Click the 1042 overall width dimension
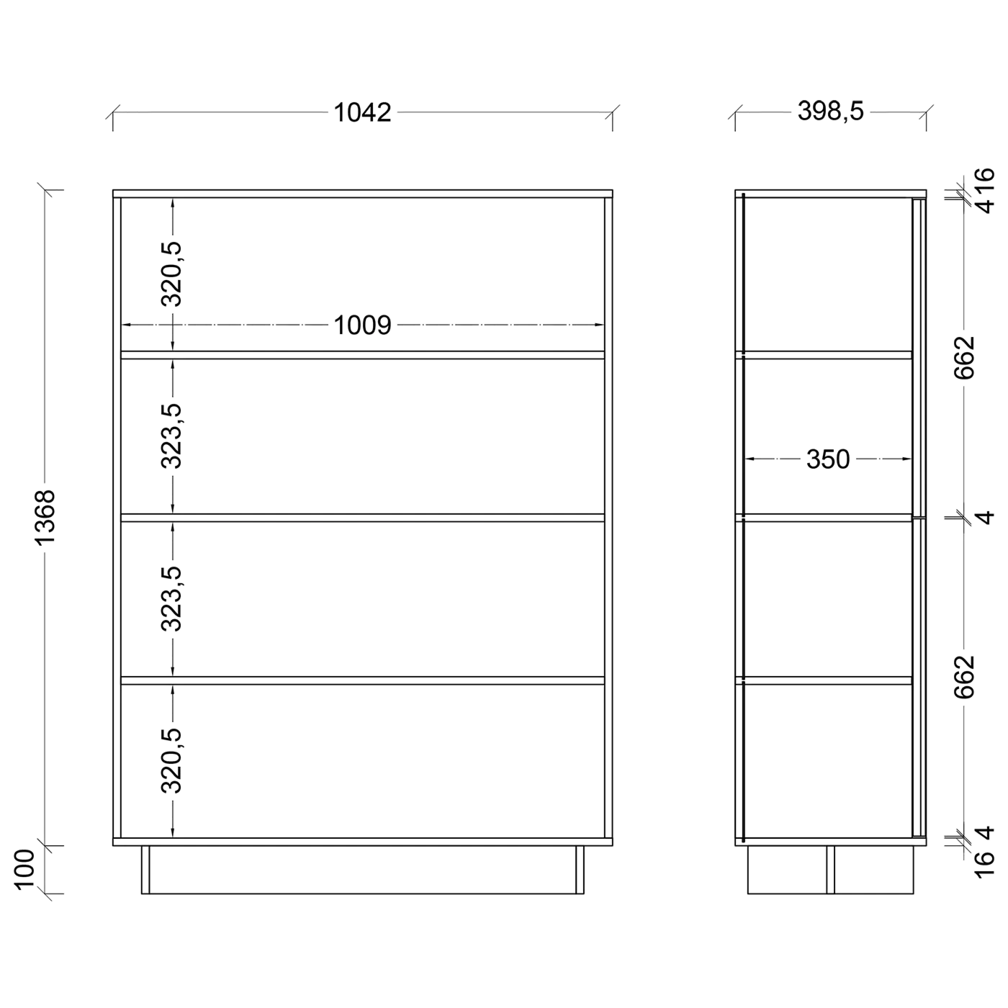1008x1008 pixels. click(362, 112)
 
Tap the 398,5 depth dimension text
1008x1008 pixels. click(830, 111)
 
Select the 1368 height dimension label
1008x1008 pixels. click(45, 518)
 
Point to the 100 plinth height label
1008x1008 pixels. click(24, 869)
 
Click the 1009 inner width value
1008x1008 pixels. click(362, 325)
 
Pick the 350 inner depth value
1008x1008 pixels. click(828, 459)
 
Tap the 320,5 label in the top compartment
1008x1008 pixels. click(171, 274)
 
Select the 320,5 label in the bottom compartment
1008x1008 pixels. click(171, 760)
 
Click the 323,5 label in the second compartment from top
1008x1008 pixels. click(171, 436)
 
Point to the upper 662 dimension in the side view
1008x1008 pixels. click(965, 358)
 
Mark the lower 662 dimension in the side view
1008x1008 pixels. click(965, 677)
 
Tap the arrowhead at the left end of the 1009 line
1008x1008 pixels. click(126, 325)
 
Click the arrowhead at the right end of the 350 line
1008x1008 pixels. click(907, 459)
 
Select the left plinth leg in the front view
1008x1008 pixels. click(145, 869)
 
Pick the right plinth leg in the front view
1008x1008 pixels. click(580, 869)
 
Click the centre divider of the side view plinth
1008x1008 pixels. click(831, 869)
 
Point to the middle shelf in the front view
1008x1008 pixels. click(362, 518)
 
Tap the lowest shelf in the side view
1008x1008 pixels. click(824, 680)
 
